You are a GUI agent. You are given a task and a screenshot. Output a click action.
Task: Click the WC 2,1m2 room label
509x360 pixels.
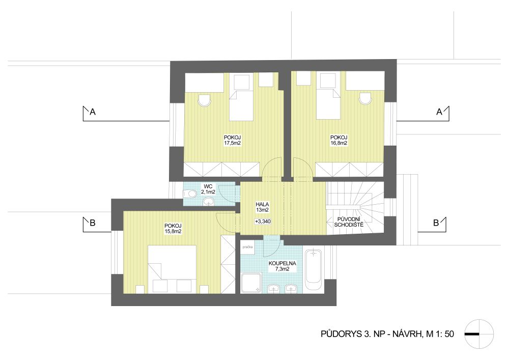click(x=208, y=189)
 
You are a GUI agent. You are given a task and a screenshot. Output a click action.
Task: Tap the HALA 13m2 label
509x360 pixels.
click(x=262, y=207)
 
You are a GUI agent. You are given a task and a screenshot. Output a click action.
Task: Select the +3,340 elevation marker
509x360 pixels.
click(x=263, y=221)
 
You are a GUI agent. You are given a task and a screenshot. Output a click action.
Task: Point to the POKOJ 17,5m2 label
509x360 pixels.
click(x=232, y=140)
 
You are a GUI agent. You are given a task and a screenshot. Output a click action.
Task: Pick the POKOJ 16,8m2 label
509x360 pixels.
click(x=339, y=140)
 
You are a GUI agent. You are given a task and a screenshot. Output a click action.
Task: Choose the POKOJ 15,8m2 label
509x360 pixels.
click(x=173, y=229)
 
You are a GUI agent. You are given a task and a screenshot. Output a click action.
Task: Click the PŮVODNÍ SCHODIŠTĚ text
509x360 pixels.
click(x=349, y=222)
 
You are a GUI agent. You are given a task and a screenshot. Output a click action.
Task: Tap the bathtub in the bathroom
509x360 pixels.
click(x=313, y=271)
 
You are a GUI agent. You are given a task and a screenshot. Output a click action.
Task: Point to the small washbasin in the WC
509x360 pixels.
click(x=208, y=202)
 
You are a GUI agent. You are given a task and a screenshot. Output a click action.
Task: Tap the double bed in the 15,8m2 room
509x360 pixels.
click(x=172, y=269)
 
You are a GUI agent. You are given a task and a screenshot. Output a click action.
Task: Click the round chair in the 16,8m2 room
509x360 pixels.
click(x=365, y=99)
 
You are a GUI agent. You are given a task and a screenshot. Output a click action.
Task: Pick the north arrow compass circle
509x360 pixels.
click(x=479, y=334)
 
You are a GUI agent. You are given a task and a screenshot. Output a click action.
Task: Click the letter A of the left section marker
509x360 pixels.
click(x=93, y=112)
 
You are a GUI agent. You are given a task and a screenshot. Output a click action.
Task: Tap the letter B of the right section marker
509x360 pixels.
click(x=436, y=223)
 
